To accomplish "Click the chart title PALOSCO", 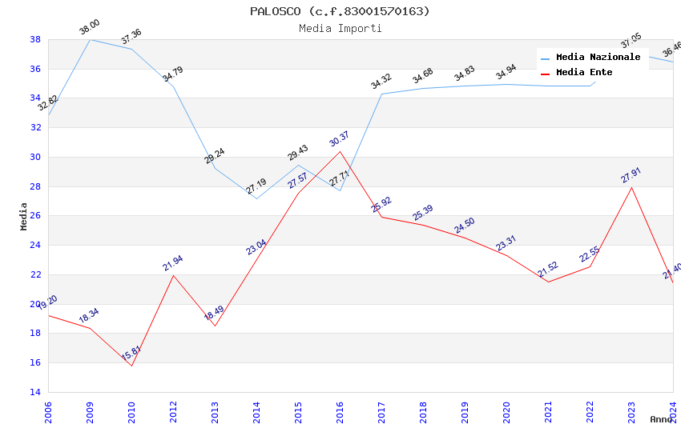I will click(x=340, y=11).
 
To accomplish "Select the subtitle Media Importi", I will click(x=340, y=28).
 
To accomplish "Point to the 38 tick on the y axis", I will click(x=35, y=39).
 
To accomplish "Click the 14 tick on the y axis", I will click(x=35, y=392).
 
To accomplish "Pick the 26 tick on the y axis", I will click(x=35, y=216).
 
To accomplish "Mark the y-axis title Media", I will click(x=24, y=216).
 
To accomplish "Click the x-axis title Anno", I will click(x=661, y=419).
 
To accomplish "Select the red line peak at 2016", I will click(x=340, y=151).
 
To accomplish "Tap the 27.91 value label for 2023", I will click(x=631, y=175).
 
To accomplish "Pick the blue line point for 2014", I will click(x=256, y=198).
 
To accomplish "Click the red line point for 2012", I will click(x=173, y=275).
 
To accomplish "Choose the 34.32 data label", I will click(x=381, y=82).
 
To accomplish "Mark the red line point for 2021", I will click(x=548, y=282).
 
